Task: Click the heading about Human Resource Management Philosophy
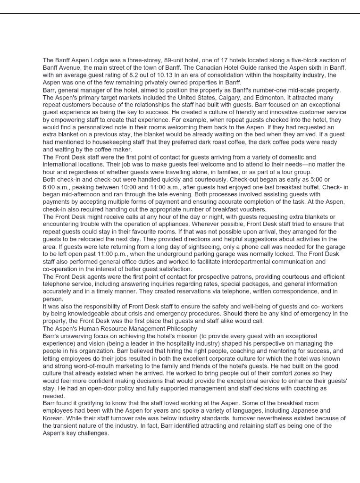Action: [x=120, y=328]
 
